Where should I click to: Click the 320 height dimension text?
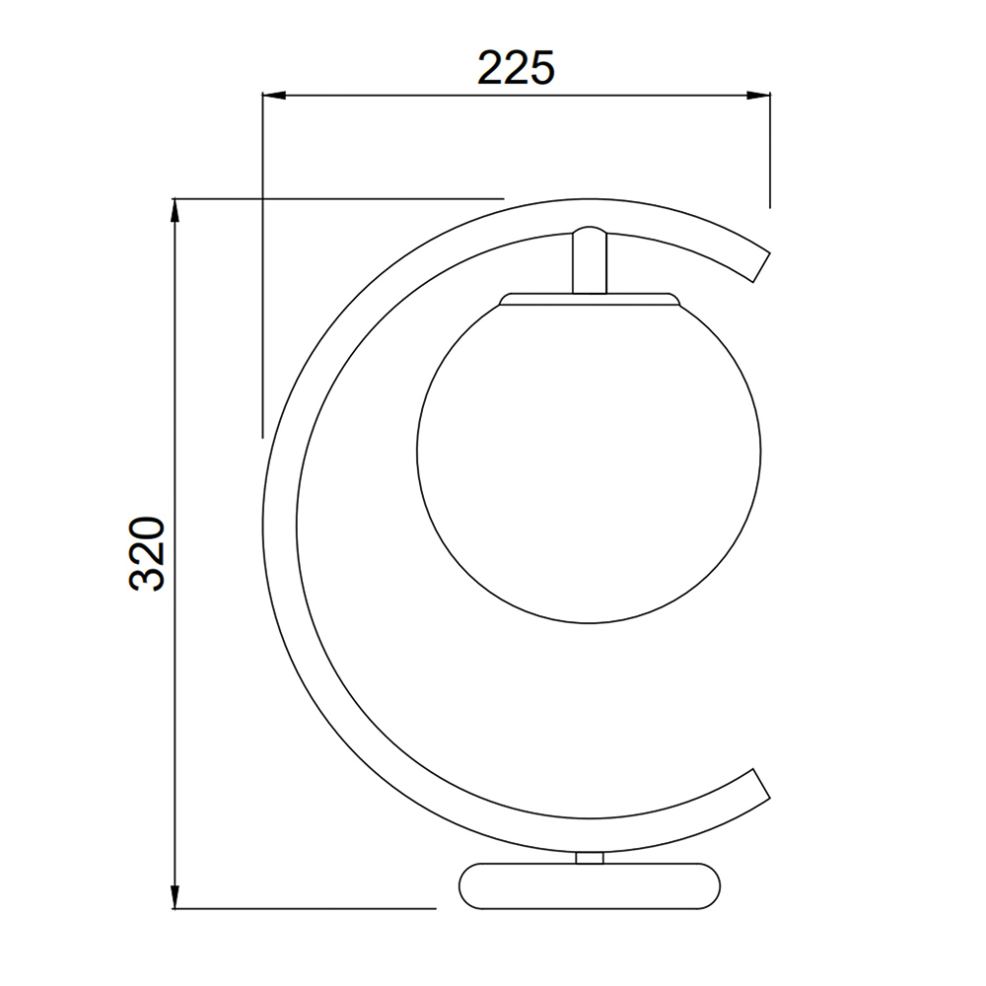(147, 553)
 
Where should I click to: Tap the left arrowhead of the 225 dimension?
(274, 96)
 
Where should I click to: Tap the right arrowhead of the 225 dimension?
(758, 96)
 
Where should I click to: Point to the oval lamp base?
(590, 886)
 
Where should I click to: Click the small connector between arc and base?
(590, 858)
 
